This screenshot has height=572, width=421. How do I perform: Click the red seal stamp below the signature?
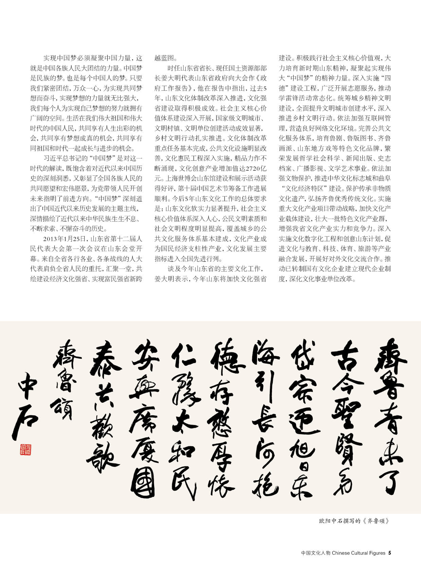point(25,449)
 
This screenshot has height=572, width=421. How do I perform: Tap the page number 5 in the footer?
point(390,553)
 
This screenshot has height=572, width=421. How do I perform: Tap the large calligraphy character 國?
point(143,484)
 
